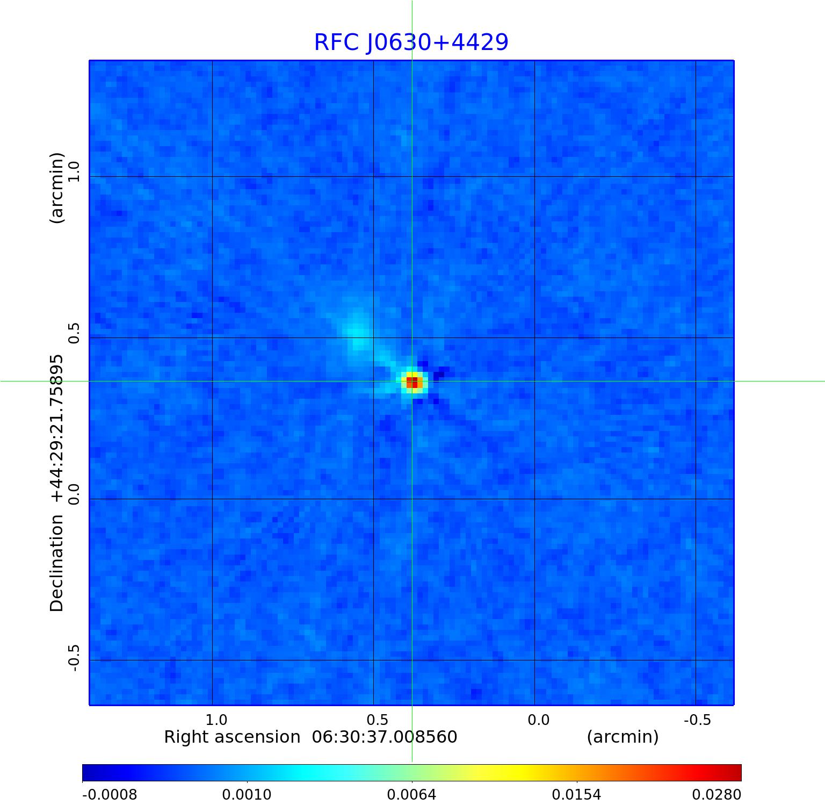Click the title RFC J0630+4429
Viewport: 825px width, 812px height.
(411, 42)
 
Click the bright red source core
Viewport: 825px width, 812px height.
(412, 382)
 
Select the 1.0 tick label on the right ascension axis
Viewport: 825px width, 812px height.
(216, 720)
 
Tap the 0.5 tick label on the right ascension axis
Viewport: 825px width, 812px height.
(377, 720)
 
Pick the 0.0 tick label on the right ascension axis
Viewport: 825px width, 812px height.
(538, 720)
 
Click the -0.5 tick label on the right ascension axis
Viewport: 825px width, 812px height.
(697, 720)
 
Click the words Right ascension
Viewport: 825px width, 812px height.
(232, 737)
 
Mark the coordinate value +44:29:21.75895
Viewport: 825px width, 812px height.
(57, 428)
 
